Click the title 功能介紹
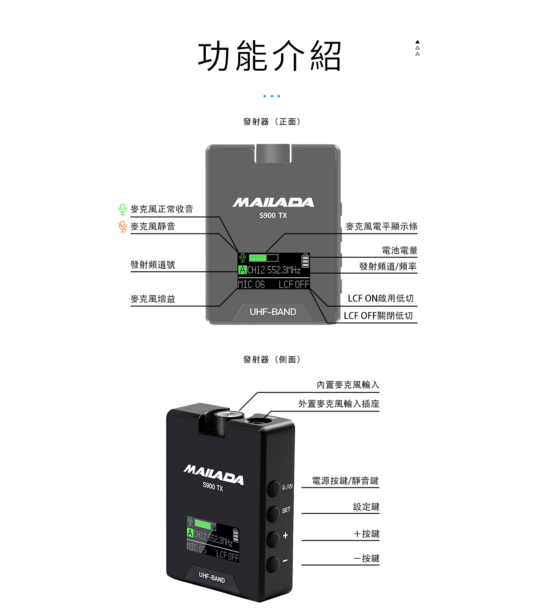click(x=269, y=56)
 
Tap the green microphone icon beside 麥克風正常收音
click(x=122, y=209)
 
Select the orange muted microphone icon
click(x=122, y=227)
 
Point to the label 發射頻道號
click(x=153, y=265)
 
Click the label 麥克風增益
click(x=153, y=299)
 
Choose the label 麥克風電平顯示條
click(x=381, y=227)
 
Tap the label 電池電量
click(x=399, y=250)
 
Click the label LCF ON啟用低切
click(x=380, y=298)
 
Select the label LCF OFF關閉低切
click(x=378, y=316)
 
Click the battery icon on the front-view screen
click(x=305, y=261)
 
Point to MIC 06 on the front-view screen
click(x=251, y=285)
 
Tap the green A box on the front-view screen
click(x=243, y=270)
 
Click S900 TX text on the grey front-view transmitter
click(x=273, y=215)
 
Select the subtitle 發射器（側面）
click(x=272, y=359)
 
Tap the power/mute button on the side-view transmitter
click(x=274, y=489)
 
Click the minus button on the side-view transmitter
click(x=273, y=564)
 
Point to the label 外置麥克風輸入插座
click(x=339, y=404)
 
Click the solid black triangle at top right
click(x=418, y=42)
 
